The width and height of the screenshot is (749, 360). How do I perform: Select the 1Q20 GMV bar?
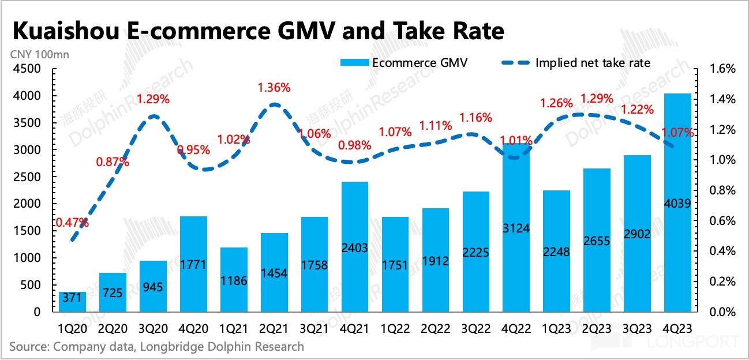(x=72, y=302)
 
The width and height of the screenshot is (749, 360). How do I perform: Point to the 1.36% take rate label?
(x=274, y=88)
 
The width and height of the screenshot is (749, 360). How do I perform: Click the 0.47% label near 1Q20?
(x=72, y=222)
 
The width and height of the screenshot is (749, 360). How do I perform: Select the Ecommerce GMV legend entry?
(x=403, y=63)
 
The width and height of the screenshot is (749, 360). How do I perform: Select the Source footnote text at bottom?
(x=156, y=347)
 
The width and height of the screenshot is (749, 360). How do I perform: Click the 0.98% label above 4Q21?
(x=355, y=145)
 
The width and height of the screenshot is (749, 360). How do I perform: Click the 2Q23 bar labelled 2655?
(x=597, y=240)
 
